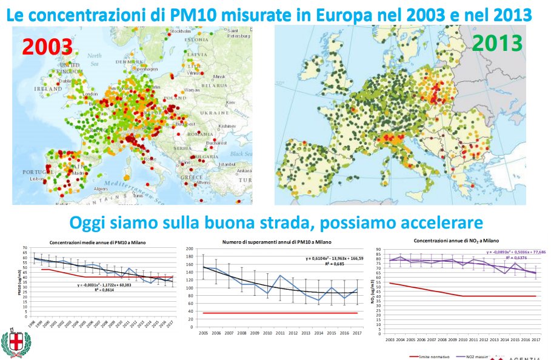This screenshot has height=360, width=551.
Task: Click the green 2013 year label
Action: [497, 43]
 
